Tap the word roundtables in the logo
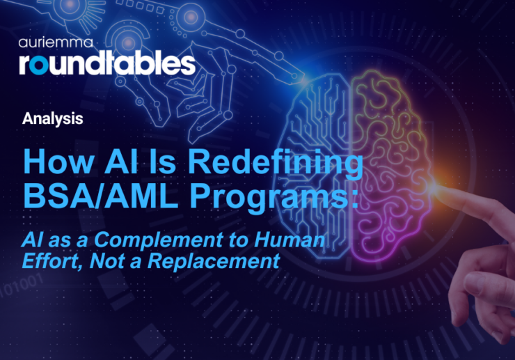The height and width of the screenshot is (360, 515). pos(106,63)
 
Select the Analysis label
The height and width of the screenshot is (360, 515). pos(52,118)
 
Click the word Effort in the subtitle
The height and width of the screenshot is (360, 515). pos(49,262)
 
